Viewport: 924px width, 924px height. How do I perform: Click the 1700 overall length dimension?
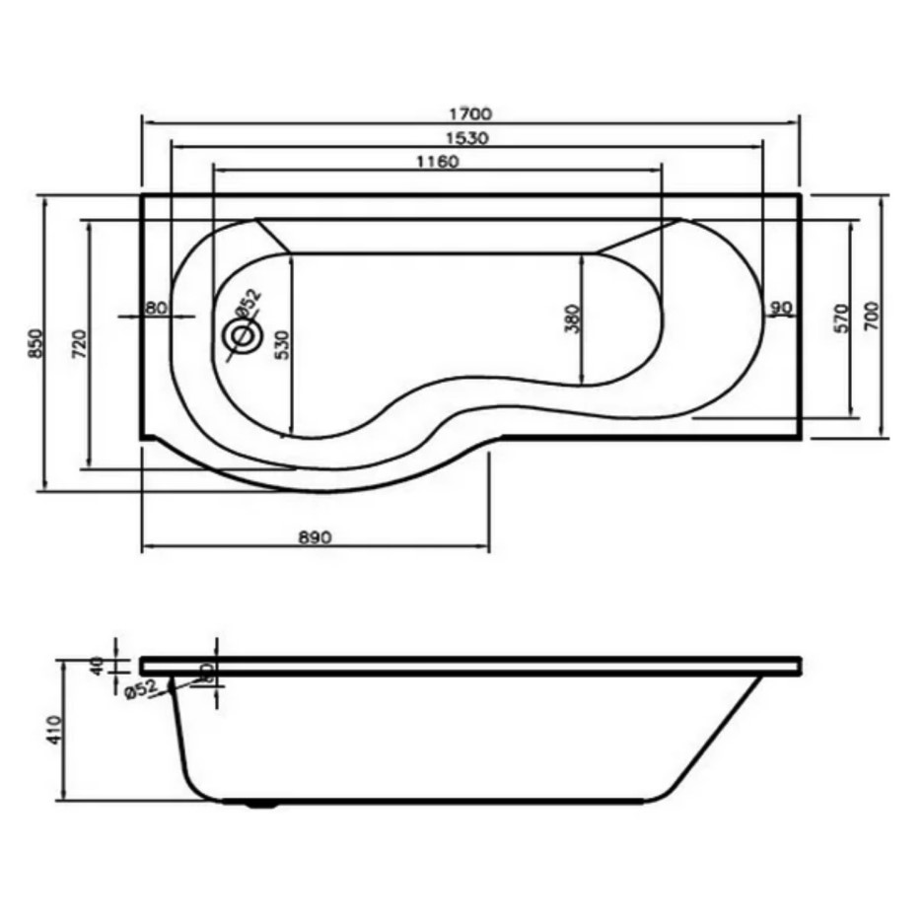click(469, 113)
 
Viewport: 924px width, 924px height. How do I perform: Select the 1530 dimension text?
click(466, 138)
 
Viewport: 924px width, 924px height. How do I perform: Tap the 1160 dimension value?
click(436, 162)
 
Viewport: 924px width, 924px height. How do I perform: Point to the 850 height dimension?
click(35, 342)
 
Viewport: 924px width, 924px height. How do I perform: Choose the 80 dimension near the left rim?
click(155, 308)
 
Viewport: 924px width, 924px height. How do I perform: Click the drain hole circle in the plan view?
click(241, 336)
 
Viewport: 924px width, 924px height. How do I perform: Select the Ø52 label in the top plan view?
click(246, 302)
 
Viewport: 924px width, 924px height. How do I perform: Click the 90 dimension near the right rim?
click(781, 308)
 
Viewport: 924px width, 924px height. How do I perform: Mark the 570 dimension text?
click(841, 318)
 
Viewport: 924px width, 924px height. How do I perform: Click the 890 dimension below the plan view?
click(314, 537)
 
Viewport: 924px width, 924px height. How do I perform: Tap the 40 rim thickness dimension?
click(96, 666)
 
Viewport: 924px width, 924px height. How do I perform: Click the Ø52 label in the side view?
click(142, 689)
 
